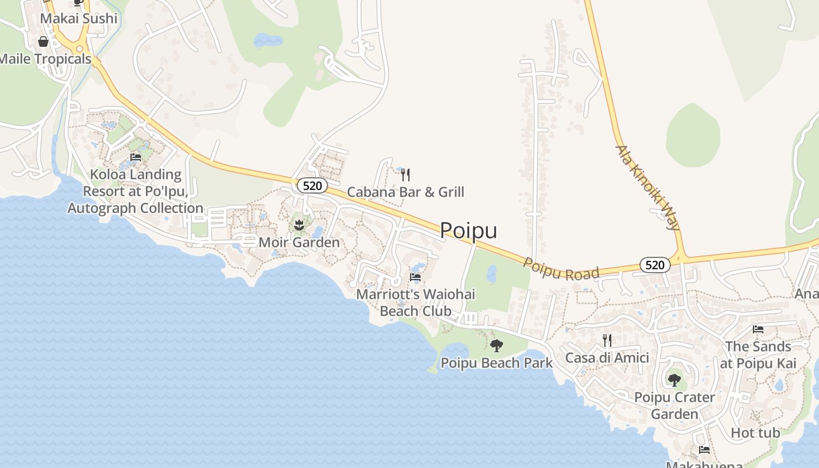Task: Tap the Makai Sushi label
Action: click(78, 19)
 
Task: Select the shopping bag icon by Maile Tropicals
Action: click(43, 42)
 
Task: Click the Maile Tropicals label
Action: click(46, 59)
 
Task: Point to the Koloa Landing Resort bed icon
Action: click(136, 157)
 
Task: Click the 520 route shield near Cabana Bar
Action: click(312, 186)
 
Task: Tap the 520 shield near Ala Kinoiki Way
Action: click(655, 265)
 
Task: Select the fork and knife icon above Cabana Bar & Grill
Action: click(405, 174)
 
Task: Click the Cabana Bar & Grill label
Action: click(405, 192)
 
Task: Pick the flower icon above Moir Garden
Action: click(299, 225)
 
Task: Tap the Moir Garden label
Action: click(299, 242)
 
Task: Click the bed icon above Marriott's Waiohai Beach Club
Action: click(415, 277)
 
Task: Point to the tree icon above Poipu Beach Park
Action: click(497, 346)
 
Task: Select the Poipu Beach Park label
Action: click(497, 363)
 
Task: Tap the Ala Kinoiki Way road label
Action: click(648, 187)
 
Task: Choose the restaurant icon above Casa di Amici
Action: click(607, 340)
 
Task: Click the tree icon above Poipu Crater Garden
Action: click(675, 380)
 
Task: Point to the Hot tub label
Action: click(755, 433)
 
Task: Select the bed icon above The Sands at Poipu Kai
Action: click(758, 329)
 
